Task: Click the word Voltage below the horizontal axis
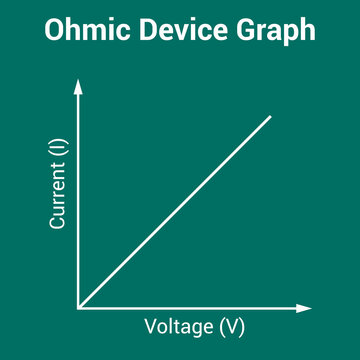pyautogui.click(x=180, y=327)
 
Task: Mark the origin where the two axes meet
pyautogui.click(x=78, y=307)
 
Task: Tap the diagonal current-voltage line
pyautogui.click(x=175, y=211)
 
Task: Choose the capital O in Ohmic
pyautogui.click(x=55, y=31)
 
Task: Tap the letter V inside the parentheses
pyautogui.click(x=232, y=327)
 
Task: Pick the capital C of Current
pyautogui.click(x=58, y=223)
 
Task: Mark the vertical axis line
pyautogui.click(x=78, y=200)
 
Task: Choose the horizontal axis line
pyautogui.click(x=190, y=307)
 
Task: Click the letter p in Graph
pyautogui.click(x=295, y=35)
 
